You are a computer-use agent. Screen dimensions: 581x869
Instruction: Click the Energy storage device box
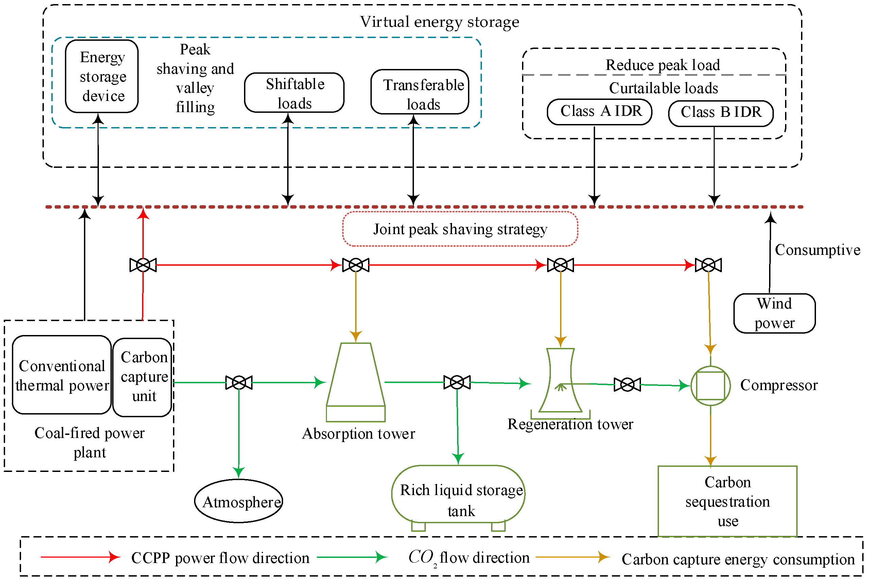click(102, 76)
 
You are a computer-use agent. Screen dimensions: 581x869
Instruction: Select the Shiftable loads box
click(294, 93)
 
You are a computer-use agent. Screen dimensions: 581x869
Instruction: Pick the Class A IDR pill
click(599, 111)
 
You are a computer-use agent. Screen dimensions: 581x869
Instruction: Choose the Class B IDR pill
click(721, 113)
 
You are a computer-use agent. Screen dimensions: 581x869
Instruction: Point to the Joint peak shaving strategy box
click(460, 229)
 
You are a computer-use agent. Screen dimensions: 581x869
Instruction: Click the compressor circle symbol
click(710, 386)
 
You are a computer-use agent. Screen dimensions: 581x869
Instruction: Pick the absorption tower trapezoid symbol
click(356, 382)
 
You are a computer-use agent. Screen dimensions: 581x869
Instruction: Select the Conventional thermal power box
click(62, 375)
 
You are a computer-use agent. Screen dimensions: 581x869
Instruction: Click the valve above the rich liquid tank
click(457, 382)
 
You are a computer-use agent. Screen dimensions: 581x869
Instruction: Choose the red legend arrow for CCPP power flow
click(80, 557)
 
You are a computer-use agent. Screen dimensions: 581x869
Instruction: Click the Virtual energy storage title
click(439, 22)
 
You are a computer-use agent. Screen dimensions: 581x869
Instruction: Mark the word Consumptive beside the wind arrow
click(817, 250)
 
